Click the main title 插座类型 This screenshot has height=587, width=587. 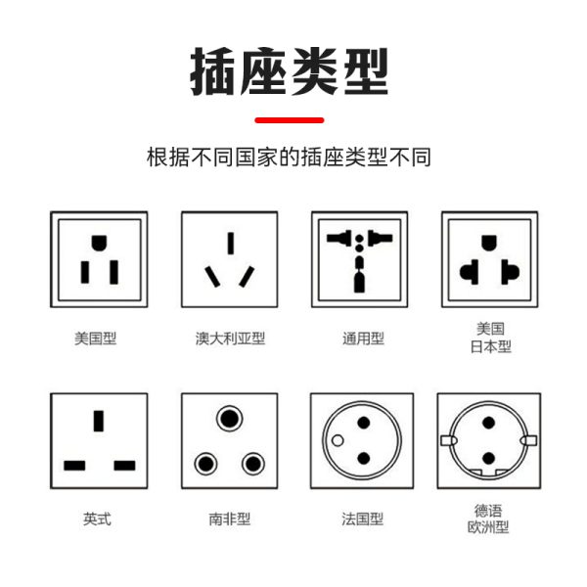point(290,69)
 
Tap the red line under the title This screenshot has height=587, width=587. point(289,119)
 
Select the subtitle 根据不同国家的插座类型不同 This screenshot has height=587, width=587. point(289,157)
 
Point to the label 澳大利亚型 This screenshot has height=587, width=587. point(230,339)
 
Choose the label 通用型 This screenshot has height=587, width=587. point(363,339)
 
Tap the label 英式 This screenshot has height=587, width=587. point(98,519)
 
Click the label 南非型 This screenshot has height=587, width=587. point(230,519)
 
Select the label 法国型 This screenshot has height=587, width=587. point(362,519)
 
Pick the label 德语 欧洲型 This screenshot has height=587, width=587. point(488,519)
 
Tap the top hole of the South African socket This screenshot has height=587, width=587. point(230,419)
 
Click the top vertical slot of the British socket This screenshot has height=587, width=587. point(99,422)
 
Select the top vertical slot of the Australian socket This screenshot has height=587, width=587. point(230,243)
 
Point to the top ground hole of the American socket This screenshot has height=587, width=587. point(99,242)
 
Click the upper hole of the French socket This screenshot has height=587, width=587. point(363,423)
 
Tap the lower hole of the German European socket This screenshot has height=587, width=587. point(487,459)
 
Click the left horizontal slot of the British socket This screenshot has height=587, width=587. point(74,464)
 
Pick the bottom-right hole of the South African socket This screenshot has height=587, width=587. point(252,462)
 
